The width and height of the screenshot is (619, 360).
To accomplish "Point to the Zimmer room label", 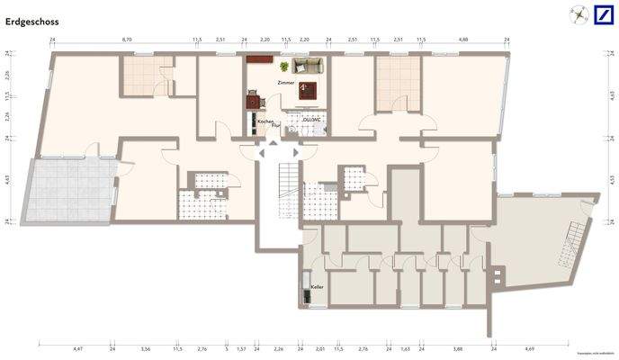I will point(285,82).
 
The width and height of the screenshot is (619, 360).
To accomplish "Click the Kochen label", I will point(265,121).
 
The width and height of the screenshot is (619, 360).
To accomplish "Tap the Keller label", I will point(317,287).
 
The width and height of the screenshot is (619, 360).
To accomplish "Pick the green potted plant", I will point(284,67).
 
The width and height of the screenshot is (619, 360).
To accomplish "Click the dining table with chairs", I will point(260,60).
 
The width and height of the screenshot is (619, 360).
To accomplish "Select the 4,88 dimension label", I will point(463,40).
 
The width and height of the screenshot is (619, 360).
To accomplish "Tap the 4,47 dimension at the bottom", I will point(77,346).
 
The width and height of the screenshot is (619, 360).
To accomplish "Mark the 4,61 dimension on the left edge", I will point(7,180).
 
